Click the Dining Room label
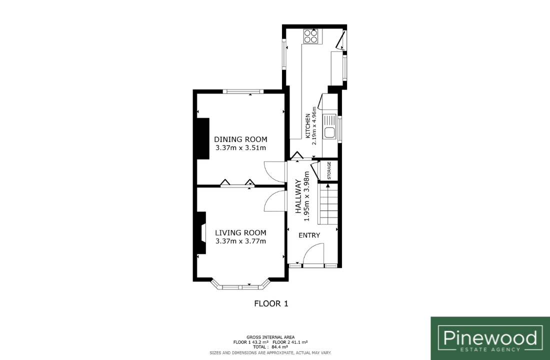(240, 139)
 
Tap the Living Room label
(240, 232)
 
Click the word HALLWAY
(298, 196)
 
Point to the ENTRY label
(309, 235)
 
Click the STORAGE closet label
(329, 170)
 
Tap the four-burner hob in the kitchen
(311, 36)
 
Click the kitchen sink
(329, 126)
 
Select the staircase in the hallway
(328, 204)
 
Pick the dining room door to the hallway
(275, 171)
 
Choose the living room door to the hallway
(275, 201)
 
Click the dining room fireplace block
(202, 138)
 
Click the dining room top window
(242, 91)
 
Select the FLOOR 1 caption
(271, 304)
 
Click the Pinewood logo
(490, 338)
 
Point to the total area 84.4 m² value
(280, 347)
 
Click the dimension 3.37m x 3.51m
(240, 147)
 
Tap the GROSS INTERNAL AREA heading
(270, 337)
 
